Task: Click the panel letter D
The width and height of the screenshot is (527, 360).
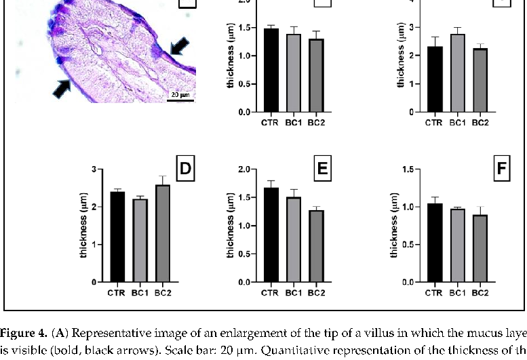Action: point(183,169)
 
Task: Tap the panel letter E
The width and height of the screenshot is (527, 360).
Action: point(323,169)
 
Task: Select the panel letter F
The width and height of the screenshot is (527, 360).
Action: point(501,169)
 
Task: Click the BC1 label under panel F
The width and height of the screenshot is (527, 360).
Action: point(456,293)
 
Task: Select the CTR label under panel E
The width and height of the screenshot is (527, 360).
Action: point(270,293)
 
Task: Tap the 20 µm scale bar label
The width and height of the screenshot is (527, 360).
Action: point(180,95)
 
